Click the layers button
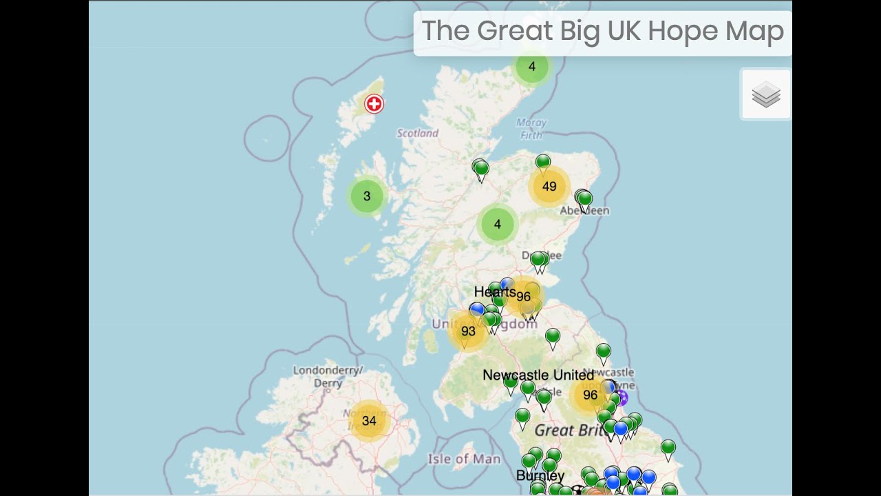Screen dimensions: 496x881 (x=765, y=95)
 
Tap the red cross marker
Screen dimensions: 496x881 (x=374, y=104)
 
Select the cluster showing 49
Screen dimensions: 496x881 (x=549, y=186)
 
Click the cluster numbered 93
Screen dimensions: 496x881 (x=468, y=331)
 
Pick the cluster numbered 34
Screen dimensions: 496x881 (x=369, y=420)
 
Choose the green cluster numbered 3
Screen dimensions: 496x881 (x=366, y=196)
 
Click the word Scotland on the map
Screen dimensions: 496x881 (x=417, y=134)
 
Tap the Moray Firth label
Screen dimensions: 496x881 (x=531, y=129)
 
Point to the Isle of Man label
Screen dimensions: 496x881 (x=464, y=459)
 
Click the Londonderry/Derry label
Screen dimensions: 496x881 (x=328, y=376)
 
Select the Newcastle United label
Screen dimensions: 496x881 (x=538, y=375)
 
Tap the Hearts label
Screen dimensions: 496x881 (x=494, y=292)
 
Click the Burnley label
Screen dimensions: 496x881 (x=540, y=476)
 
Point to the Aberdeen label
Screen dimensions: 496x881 (x=585, y=211)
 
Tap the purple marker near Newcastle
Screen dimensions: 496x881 (x=621, y=397)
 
